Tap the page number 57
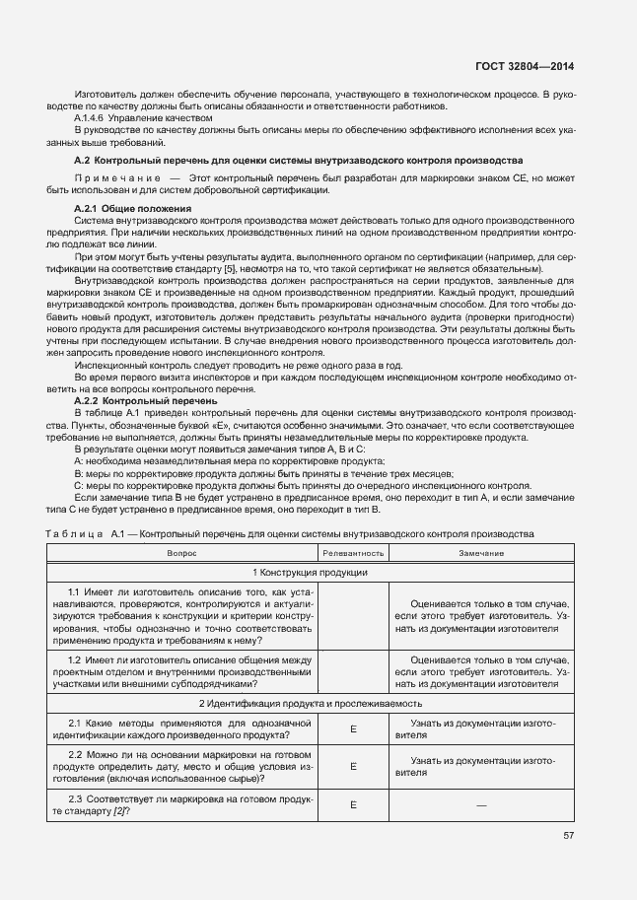click(x=569, y=835)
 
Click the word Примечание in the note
click(x=109, y=178)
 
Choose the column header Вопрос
click(x=181, y=553)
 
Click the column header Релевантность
click(x=353, y=553)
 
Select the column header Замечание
click(x=481, y=553)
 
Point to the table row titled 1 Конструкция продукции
click(x=310, y=573)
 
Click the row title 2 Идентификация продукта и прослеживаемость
click(x=310, y=704)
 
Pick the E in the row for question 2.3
click(x=353, y=804)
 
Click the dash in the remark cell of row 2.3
click(x=481, y=804)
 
